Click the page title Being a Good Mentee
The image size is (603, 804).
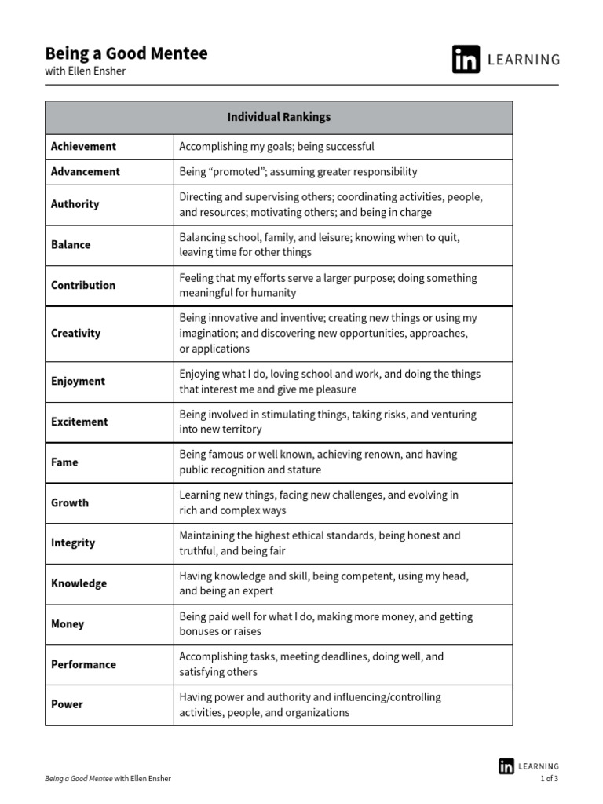pos(126,53)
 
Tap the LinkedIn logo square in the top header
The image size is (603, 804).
pos(466,60)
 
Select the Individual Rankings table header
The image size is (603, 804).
pos(279,117)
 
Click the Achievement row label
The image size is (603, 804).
pos(83,146)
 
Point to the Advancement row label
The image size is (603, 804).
pos(86,171)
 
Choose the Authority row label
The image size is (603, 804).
pos(75,204)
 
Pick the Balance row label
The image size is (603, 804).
pos(71,245)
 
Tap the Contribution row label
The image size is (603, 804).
pos(83,285)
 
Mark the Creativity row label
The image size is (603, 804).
pos(76,333)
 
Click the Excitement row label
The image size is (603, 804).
pos(79,422)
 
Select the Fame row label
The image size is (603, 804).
pos(64,462)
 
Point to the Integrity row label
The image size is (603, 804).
pos(73,543)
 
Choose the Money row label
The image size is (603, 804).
pos(68,624)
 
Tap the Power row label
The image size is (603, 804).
pos(67,704)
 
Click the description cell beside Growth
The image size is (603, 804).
pos(342,502)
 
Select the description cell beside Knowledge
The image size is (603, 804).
pos(342,583)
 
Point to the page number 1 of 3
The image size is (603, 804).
pos(550,779)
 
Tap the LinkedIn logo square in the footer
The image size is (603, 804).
pos(506,766)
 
